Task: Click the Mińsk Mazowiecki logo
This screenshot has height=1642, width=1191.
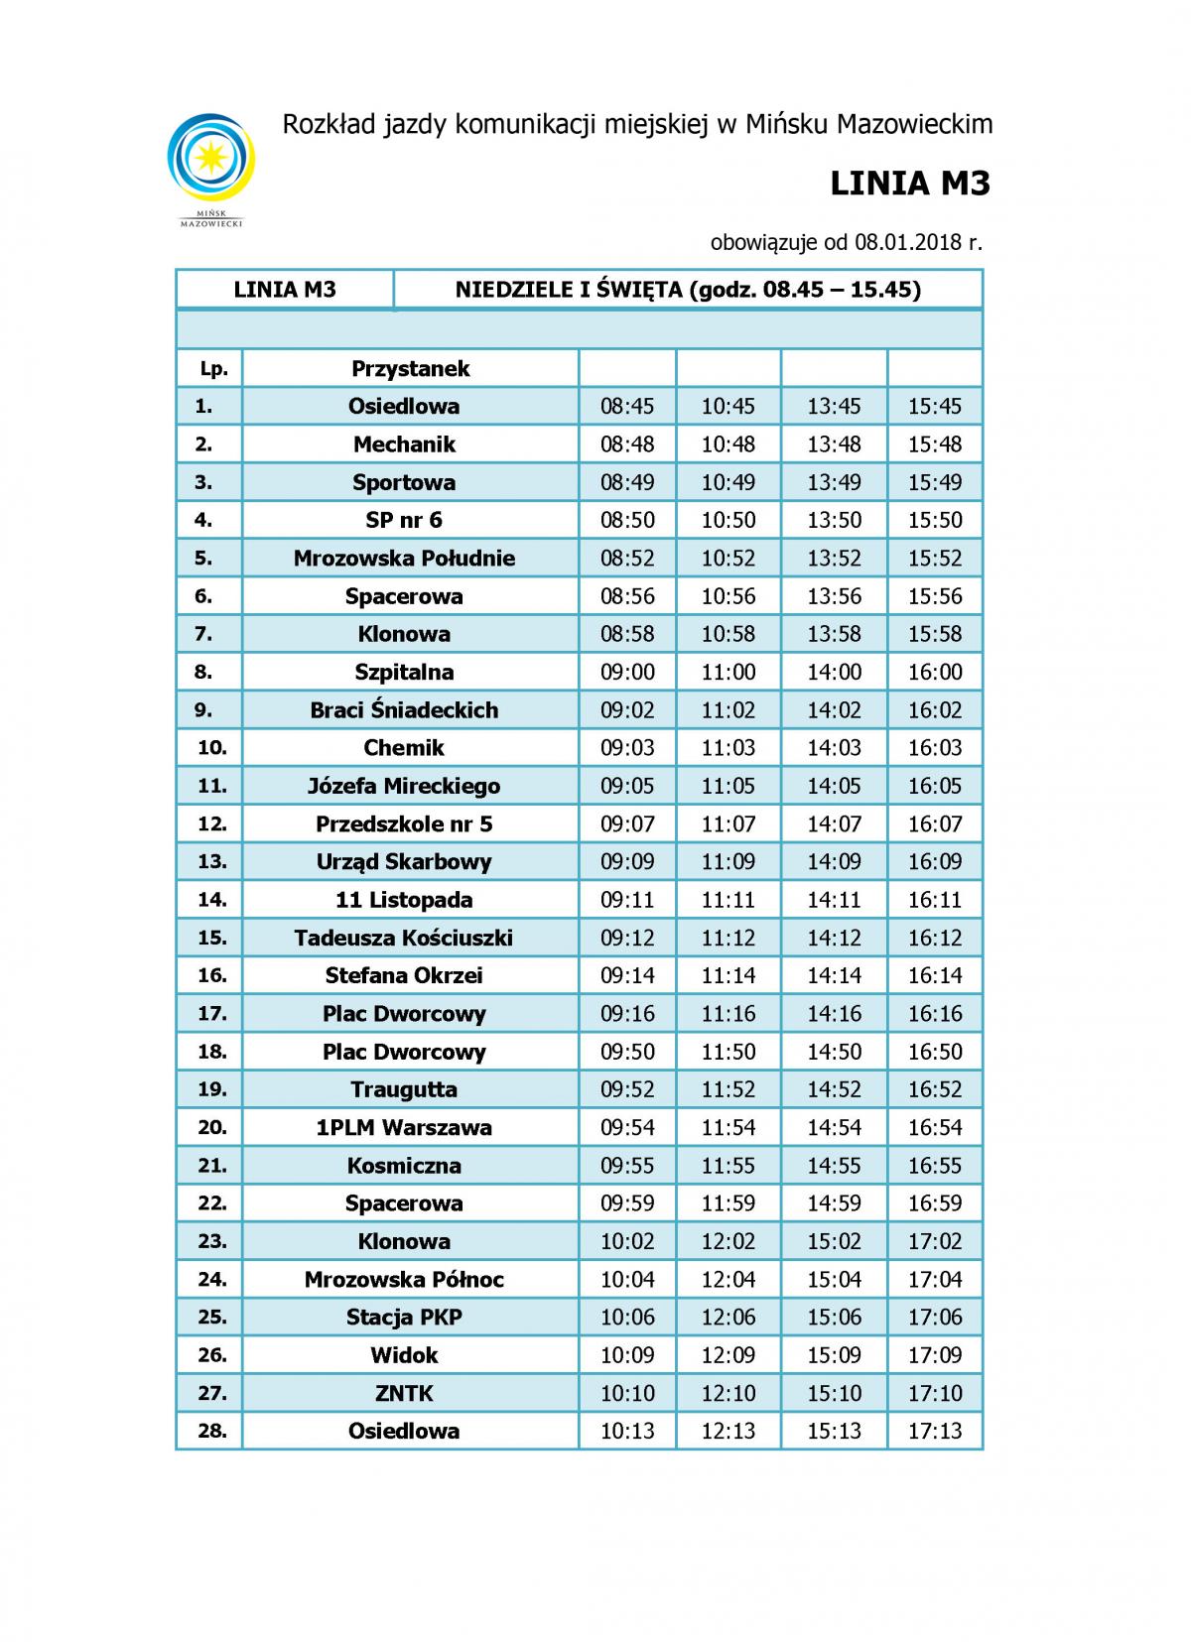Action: click(211, 165)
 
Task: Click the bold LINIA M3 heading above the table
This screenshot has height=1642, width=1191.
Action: click(909, 184)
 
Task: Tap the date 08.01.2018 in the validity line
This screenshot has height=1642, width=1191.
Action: click(904, 242)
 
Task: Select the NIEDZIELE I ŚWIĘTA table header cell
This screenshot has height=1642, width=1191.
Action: click(688, 290)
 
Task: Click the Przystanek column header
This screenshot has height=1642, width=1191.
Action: click(410, 369)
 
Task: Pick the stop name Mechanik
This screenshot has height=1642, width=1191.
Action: click(404, 444)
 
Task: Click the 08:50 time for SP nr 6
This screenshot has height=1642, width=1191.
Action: click(627, 520)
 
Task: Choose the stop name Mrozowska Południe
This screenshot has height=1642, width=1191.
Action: click(404, 558)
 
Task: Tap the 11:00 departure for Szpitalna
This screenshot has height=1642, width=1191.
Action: click(728, 672)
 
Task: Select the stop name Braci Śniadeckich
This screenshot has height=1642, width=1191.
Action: click(404, 710)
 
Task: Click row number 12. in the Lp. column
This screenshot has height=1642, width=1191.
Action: click(212, 823)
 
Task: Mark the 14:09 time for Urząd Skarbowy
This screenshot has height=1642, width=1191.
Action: click(834, 861)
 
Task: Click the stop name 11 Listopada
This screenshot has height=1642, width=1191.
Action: click(404, 900)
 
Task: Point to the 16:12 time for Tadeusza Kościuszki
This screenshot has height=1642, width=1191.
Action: click(935, 938)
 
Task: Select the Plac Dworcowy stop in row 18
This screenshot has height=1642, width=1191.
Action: click(404, 1052)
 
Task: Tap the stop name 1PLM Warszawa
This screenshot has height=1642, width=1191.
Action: click(404, 1127)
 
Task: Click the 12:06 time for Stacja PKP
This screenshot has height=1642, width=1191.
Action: click(728, 1317)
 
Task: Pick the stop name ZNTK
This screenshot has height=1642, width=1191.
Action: click(404, 1393)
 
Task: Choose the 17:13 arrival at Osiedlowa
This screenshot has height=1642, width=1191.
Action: click(935, 1431)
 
